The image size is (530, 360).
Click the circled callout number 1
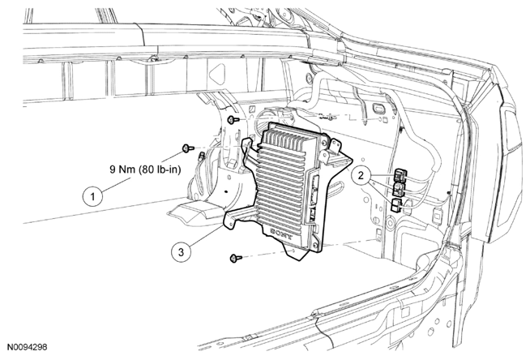[x=94, y=195]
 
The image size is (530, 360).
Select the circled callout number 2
[x=363, y=174]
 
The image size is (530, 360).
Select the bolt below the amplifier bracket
[x=236, y=258]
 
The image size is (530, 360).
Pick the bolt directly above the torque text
[x=188, y=148]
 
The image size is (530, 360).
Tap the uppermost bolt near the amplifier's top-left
[x=233, y=120]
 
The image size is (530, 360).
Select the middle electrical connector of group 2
[x=399, y=191]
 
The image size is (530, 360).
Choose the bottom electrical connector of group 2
[x=396, y=205]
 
